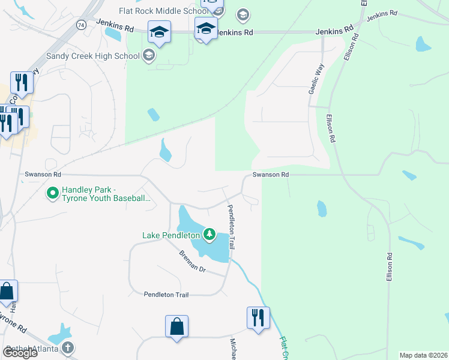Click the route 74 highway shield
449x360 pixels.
click(x=80, y=25)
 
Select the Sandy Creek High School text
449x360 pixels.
click(x=93, y=56)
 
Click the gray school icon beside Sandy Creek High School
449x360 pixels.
click(x=149, y=56)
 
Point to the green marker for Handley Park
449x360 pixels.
click(x=52, y=193)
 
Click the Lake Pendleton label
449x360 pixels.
click(x=171, y=235)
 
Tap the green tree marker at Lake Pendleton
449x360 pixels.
click(x=209, y=234)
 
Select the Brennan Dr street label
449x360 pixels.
click(x=192, y=262)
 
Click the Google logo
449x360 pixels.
click(x=20, y=353)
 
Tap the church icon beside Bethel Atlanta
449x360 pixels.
click(x=68, y=347)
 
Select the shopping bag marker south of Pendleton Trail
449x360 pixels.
click(x=176, y=327)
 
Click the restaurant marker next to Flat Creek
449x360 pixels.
click(x=258, y=318)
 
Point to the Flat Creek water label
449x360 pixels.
click(x=285, y=348)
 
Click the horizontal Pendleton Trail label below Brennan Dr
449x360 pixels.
click(x=166, y=295)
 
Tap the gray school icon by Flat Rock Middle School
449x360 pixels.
click(x=243, y=14)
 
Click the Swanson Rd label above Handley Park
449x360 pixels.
click(x=43, y=175)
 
